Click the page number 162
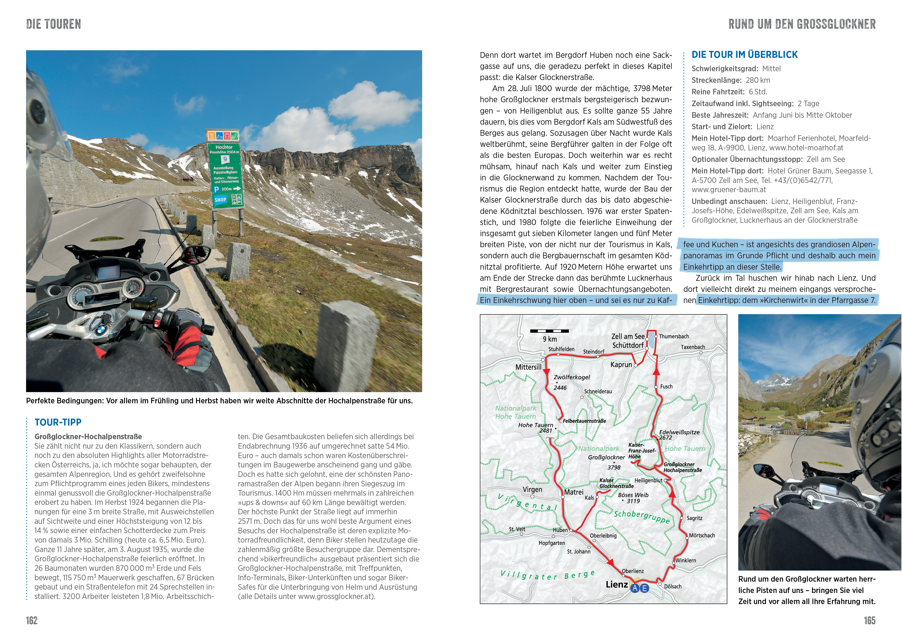click(32, 620)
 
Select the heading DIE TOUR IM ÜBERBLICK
click(744, 55)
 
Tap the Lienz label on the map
click(616, 584)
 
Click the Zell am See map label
click(628, 336)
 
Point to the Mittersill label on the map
click(528, 367)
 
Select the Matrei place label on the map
click(573, 492)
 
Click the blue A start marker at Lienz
click(635, 588)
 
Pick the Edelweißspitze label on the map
click(679, 432)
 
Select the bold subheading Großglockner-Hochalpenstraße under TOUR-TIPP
click(88, 436)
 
